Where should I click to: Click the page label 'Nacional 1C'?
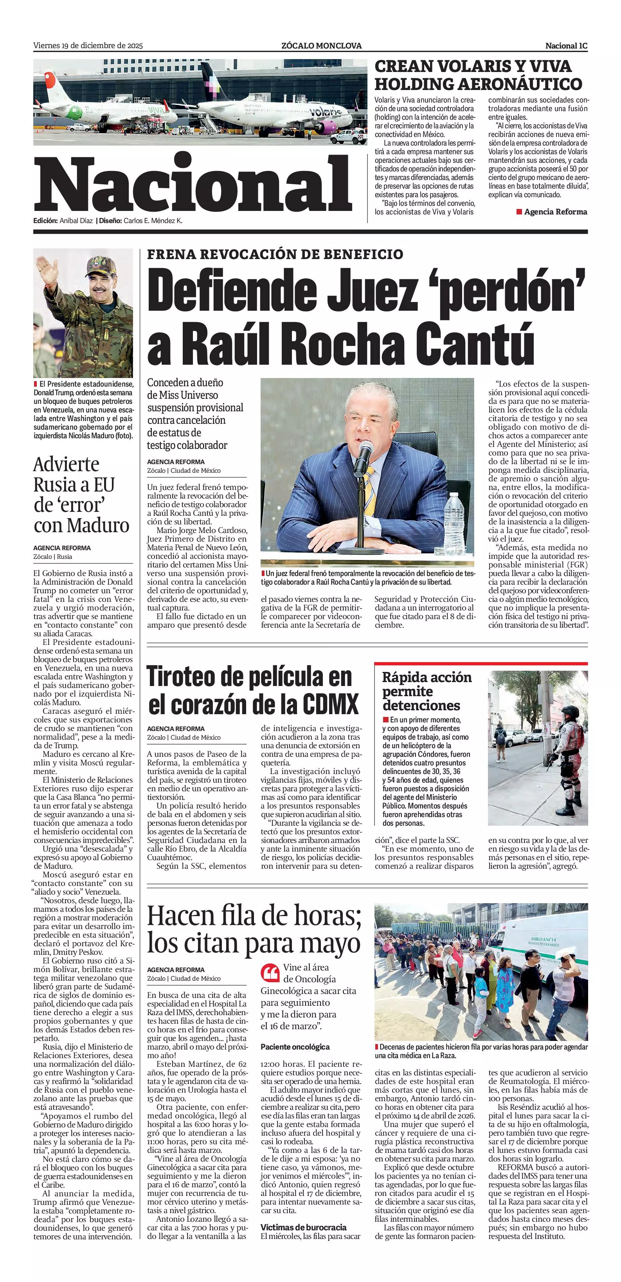(x=566, y=46)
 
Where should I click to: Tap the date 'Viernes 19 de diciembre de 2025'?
(x=88, y=46)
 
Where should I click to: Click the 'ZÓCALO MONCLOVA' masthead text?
(x=321, y=46)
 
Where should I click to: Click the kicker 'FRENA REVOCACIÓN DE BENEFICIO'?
(x=275, y=254)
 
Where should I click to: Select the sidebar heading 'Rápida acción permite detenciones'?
(x=427, y=691)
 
